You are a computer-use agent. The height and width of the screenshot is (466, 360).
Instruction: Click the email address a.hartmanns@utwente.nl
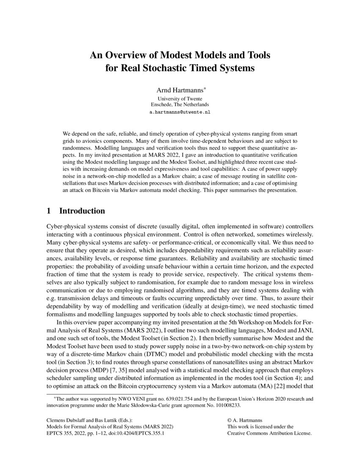[x=180, y=112]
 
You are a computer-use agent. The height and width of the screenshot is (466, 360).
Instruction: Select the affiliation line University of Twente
[x=180, y=99]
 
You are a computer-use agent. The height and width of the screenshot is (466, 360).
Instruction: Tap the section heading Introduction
[x=82, y=211]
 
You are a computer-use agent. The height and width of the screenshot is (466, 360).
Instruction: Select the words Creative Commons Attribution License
[x=269, y=434]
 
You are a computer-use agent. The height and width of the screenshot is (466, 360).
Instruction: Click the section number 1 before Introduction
[x=49, y=211]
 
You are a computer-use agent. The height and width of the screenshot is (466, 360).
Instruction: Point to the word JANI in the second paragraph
[x=304, y=331]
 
